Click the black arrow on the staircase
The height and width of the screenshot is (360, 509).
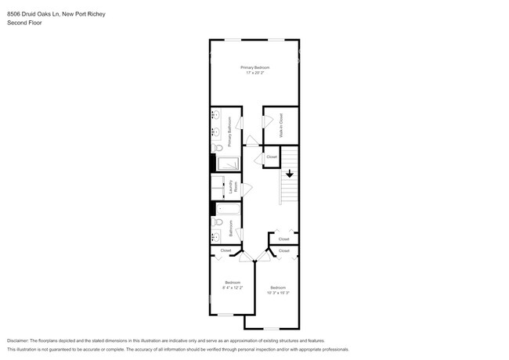click(290, 174)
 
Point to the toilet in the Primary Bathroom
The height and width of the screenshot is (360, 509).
click(219, 146)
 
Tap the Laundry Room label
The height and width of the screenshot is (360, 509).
click(232, 188)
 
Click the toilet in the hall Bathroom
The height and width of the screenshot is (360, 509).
click(220, 223)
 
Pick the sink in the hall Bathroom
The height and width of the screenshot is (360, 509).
click(215, 236)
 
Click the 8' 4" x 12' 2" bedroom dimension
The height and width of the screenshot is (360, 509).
click(233, 287)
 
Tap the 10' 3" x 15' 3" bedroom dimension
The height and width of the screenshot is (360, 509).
click(278, 293)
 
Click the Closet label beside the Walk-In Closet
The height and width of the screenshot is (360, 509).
click(272, 157)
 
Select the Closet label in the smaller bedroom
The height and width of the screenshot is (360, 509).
click(226, 250)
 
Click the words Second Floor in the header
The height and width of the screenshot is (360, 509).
click(24, 23)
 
